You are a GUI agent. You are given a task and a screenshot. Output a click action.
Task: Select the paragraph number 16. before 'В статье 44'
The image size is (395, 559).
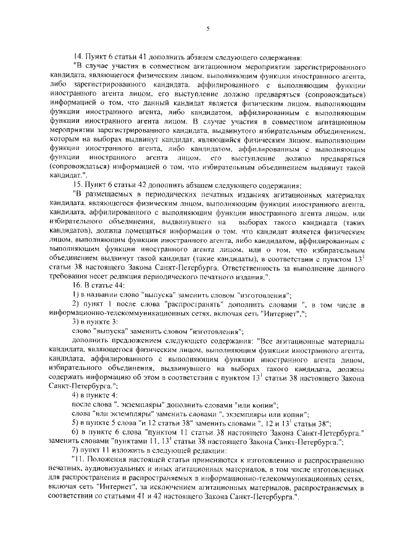(78, 287)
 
